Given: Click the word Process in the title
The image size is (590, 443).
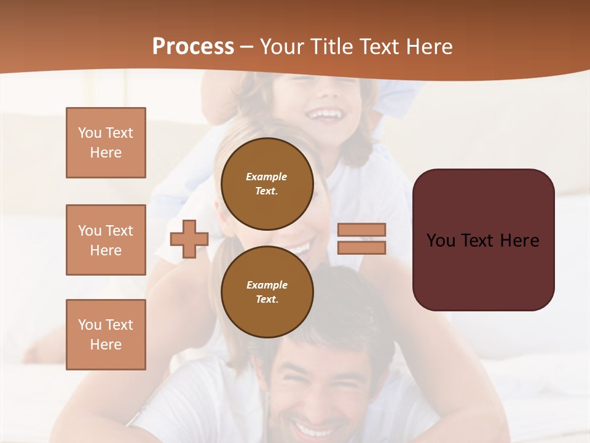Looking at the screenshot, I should (x=193, y=46).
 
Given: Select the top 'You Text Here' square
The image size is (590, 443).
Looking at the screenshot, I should (x=106, y=143).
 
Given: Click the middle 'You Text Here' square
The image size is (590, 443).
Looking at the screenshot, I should (x=106, y=240).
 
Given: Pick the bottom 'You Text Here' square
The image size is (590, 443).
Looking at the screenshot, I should (x=106, y=335).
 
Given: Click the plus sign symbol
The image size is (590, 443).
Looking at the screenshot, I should (x=189, y=239).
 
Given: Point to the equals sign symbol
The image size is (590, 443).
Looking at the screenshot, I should (x=361, y=239).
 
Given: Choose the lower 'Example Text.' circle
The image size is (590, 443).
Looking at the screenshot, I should (x=267, y=292).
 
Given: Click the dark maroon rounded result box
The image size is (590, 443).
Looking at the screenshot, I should (x=483, y=239).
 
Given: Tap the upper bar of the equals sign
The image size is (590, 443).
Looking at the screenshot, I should (x=361, y=230).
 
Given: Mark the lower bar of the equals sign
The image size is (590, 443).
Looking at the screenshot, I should (x=361, y=247).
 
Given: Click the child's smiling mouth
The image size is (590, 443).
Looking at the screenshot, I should (x=324, y=114).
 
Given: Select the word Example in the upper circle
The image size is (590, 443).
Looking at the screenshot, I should (x=266, y=177).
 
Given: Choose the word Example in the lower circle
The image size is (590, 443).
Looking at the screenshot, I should (x=267, y=285).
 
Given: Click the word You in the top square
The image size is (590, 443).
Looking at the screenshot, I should (x=90, y=133).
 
